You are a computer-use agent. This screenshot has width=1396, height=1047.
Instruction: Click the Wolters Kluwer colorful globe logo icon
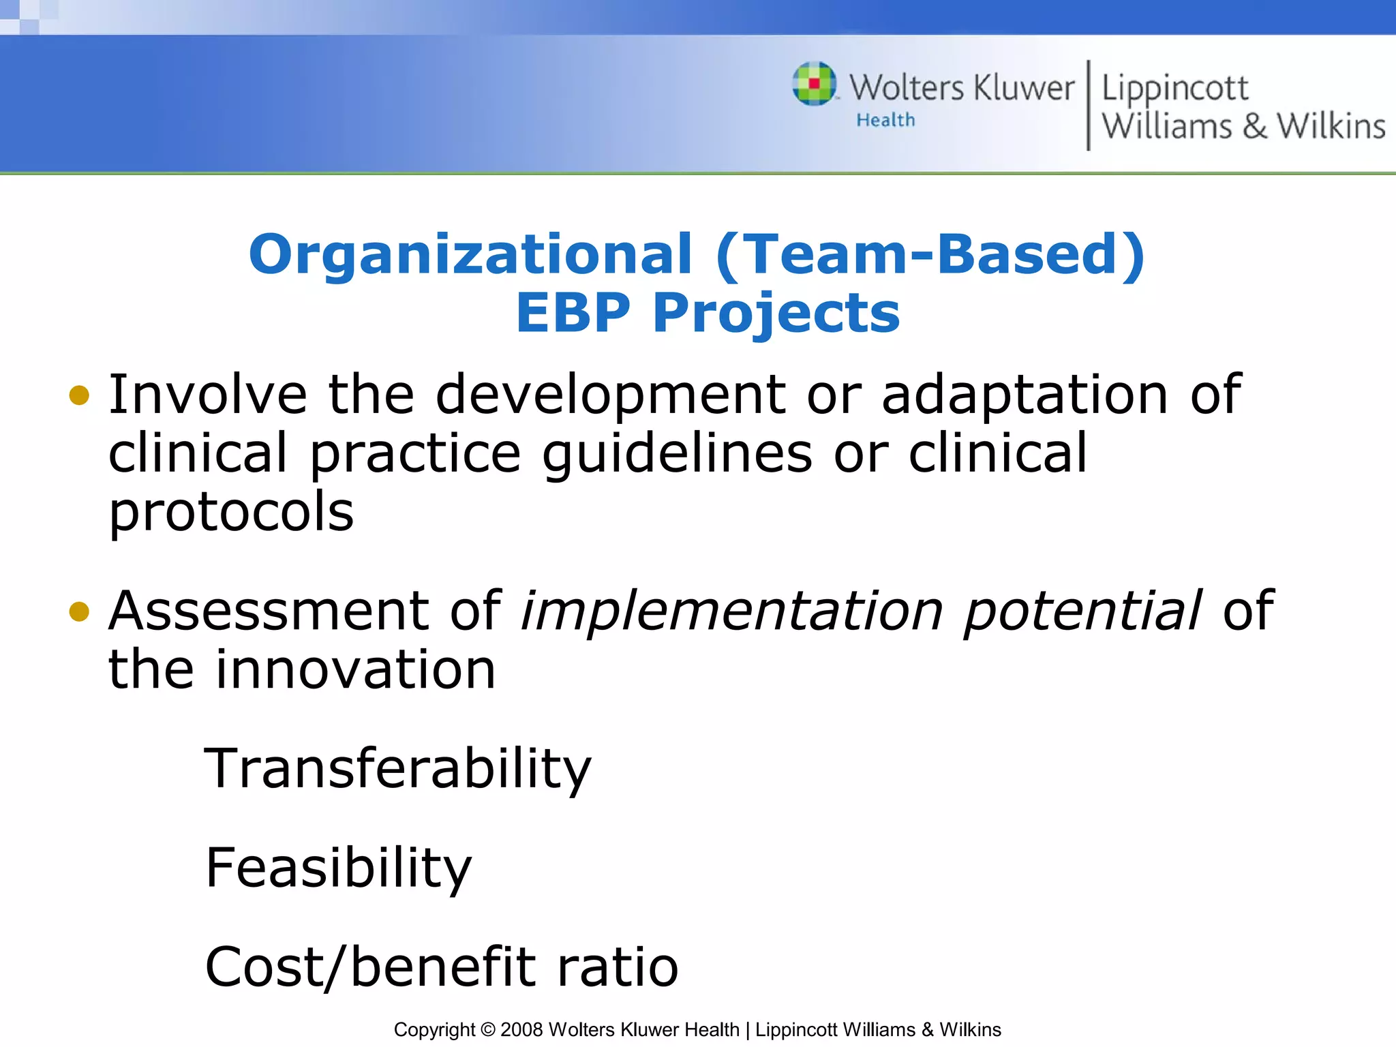(814, 84)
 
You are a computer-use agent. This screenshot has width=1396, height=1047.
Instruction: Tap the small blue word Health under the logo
(885, 120)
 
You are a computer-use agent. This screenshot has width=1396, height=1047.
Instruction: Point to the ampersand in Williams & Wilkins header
(1254, 127)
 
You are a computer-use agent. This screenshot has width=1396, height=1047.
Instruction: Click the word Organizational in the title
(470, 254)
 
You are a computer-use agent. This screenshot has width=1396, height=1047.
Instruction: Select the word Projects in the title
(776, 313)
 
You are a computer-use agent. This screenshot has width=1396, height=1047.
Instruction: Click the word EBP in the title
(573, 313)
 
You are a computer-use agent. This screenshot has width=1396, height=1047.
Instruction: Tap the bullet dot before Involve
(79, 395)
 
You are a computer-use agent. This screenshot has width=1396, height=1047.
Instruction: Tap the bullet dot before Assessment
(79, 611)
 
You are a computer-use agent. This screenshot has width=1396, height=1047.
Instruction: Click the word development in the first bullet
(610, 395)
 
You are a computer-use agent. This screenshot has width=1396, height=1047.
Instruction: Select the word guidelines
(677, 454)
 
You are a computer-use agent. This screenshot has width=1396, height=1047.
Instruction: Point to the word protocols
(231, 513)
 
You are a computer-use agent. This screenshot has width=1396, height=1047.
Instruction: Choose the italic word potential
(1082, 611)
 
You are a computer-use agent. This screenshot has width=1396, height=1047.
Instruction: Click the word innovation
(356, 669)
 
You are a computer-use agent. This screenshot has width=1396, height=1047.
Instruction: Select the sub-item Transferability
(397, 769)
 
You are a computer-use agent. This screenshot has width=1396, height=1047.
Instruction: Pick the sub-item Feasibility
(338, 868)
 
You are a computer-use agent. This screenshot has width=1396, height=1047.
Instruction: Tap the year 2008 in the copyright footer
(521, 1029)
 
